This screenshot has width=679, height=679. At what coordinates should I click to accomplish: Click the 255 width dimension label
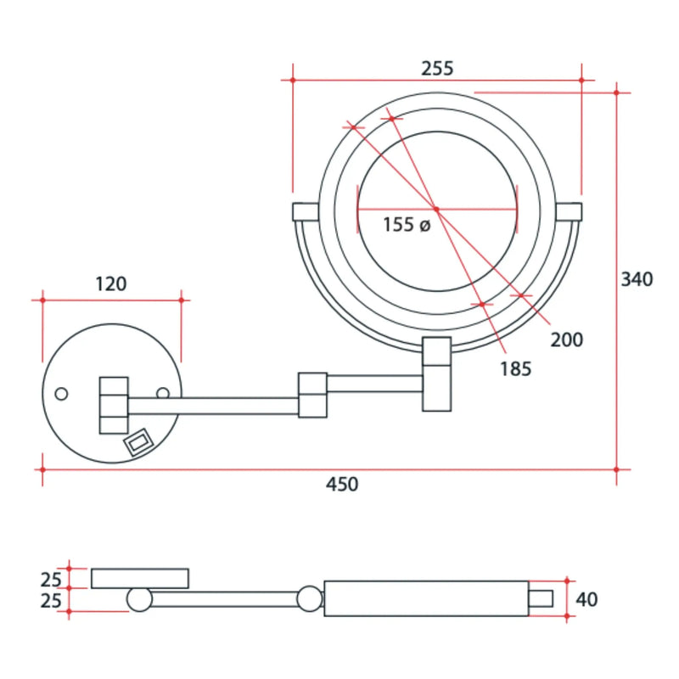click(x=436, y=67)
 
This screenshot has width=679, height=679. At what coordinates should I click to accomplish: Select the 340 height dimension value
click(x=637, y=279)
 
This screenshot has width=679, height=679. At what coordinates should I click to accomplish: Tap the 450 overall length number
click(x=342, y=485)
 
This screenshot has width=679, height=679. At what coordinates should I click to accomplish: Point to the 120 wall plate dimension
click(x=110, y=283)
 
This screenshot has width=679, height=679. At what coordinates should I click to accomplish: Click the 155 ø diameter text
click(x=407, y=225)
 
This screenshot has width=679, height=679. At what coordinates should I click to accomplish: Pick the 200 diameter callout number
click(x=566, y=340)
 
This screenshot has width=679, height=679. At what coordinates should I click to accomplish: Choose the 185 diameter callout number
click(x=514, y=368)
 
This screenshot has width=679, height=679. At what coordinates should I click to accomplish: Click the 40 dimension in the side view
click(x=586, y=600)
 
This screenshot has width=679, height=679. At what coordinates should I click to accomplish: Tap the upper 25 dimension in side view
click(x=52, y=580)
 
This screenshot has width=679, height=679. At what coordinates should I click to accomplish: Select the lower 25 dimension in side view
click(x=52, y=601)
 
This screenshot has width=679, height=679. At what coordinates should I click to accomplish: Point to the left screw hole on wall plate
click(x=61, y=394)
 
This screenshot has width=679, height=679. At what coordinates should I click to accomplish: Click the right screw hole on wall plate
click(x=162, y=393)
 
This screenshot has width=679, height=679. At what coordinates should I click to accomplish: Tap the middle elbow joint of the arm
click(x=312, y=395)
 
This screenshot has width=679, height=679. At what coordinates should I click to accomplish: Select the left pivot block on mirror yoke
click(x=305, y=211)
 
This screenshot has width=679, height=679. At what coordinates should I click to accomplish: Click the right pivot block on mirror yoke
click(x=570, y=211)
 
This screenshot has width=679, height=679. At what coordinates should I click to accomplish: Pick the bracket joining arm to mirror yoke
click(x=437, y=374)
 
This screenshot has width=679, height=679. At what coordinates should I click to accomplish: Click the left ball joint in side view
click(x=139, y=600)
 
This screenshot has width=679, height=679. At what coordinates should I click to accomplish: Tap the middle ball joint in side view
click(x=310, y=599)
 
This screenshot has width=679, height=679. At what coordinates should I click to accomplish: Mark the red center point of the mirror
click(x=436, y=208)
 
